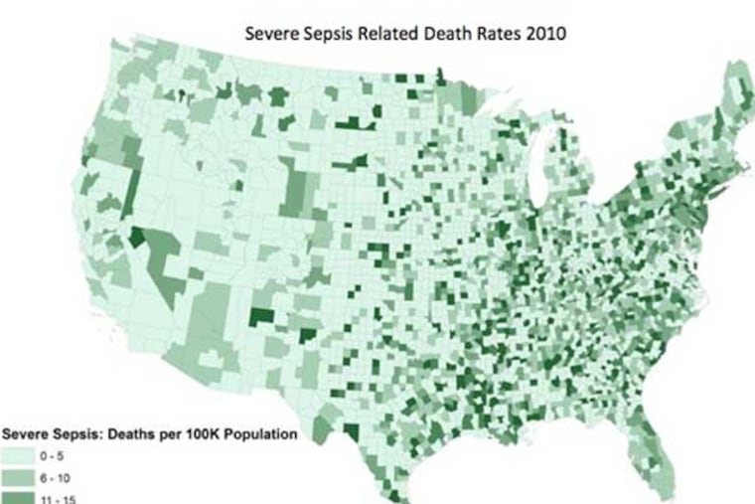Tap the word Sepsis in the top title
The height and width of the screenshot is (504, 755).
point(321,34)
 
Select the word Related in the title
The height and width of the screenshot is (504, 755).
point(375,34)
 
